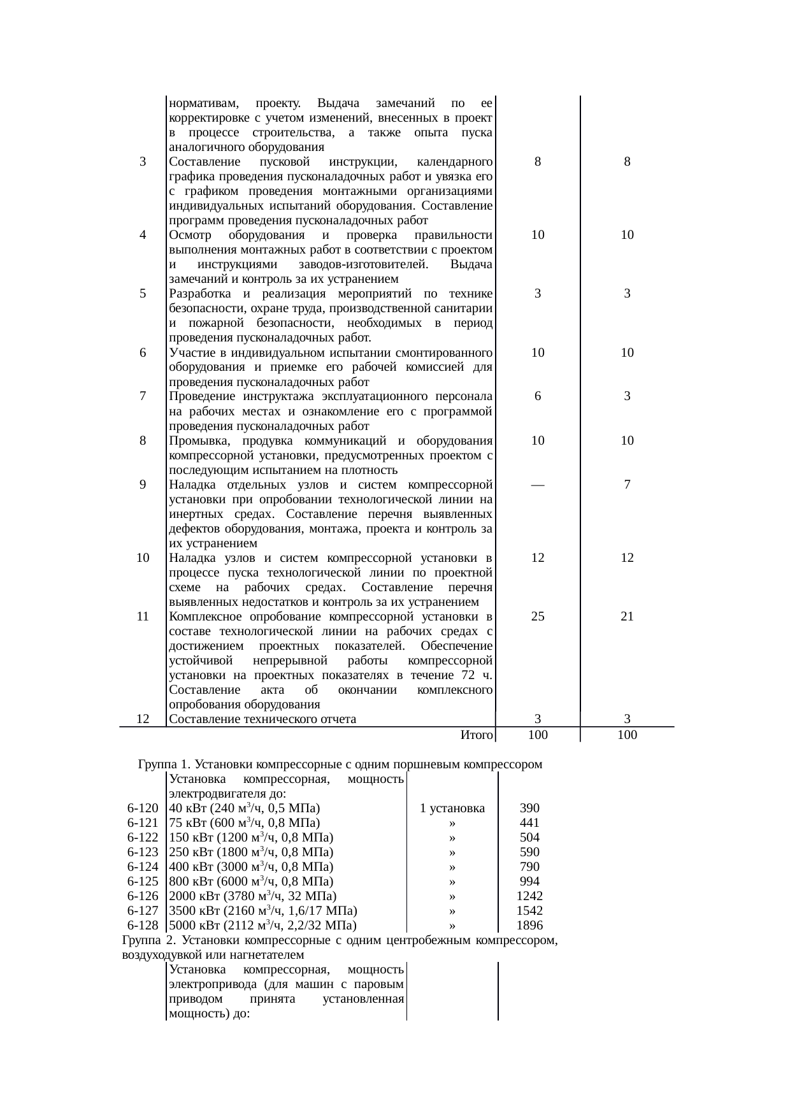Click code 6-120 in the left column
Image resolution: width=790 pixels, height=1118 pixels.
click(143, 808)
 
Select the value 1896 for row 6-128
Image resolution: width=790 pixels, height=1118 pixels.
click(529, 925)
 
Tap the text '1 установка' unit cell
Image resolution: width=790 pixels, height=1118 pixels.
click(452, 808)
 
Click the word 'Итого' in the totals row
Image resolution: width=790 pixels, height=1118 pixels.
click(477, 735)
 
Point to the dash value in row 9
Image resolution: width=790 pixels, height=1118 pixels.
click(538, 485)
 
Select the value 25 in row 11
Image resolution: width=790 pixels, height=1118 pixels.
click(538, 616)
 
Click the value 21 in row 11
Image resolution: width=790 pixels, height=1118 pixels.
click(627, 616)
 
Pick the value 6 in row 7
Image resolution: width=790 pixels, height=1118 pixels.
click(538, 396)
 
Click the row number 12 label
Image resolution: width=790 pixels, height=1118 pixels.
click(143, 719)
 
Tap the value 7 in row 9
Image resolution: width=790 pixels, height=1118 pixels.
click(627, 485)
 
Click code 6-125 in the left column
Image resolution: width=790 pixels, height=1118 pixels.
click(143, 881)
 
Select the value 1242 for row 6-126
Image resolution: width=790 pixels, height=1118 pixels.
click(529, 896)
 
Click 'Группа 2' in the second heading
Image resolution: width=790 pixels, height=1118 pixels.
click(146, 940)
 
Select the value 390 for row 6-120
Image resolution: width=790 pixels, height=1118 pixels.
click(529, 808)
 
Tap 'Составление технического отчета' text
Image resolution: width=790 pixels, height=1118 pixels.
click(262, 719)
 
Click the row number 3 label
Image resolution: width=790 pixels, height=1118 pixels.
click(143, 162)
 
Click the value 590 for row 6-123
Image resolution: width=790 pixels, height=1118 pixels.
click(529, 852)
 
